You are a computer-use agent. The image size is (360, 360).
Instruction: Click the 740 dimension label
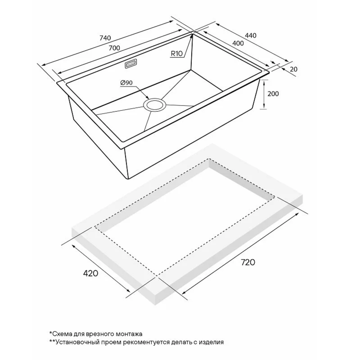(105, 38)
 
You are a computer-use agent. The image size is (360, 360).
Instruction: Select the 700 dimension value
(114, 48)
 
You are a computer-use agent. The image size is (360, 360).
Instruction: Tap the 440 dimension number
(250, 35)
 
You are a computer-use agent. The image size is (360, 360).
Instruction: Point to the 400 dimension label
(238, 43)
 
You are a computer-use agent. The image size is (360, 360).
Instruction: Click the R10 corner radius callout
(177, 54)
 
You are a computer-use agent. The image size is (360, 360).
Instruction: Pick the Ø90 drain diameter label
(126, 83)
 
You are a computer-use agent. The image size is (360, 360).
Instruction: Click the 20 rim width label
(293, 69)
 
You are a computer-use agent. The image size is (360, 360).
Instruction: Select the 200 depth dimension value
(273, 94)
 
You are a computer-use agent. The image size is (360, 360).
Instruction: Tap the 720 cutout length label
(248, 262)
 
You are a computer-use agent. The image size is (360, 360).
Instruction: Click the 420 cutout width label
(91, 274)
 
